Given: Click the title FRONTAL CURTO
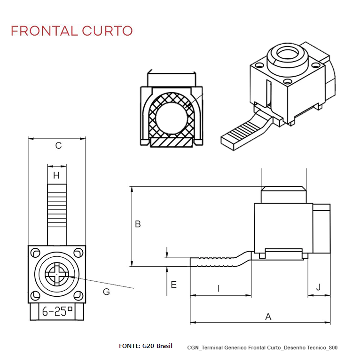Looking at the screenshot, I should click(x=71, y=31).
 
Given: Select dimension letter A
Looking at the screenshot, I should click(x=268, y=317).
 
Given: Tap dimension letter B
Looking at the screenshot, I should click(x=138, y=224).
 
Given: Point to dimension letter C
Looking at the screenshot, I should click(x=58, y=146).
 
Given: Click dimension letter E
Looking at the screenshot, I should click(x=173, y=285).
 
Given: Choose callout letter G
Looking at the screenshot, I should click(x=106, y=292).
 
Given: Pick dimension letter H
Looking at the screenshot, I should click(x=56, y=175).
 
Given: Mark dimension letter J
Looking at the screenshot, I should click(x=319, y=287).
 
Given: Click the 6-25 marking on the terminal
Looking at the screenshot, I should click(x=57, y=311).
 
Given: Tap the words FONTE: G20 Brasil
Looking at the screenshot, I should click(x=146, y=346).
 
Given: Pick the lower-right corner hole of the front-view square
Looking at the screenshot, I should click(x=78, y=296).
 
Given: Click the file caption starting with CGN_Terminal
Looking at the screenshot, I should click(x=262, y=348).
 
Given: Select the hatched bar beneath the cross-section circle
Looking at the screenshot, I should click(x=171, y=142).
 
